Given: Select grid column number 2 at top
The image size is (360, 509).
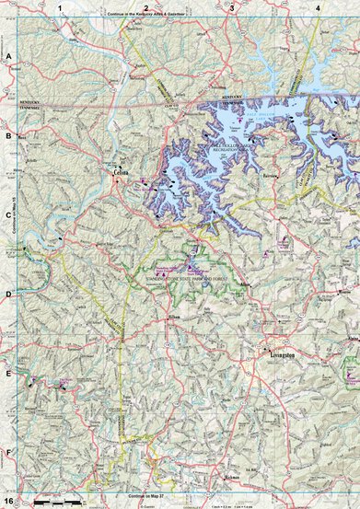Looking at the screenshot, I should [x=145, y=7].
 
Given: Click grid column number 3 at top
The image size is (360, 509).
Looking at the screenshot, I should [x=232, y=7].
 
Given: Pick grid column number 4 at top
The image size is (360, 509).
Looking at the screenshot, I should [x=318, y=7].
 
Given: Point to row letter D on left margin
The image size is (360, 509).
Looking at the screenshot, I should [x=8, y=295].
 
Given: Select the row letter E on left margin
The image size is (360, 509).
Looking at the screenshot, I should [x=8, y=374].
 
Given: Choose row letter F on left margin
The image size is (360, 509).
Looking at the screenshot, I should [x=8, y=453].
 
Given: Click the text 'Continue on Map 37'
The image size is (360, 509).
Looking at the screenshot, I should [x=152, y=496].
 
